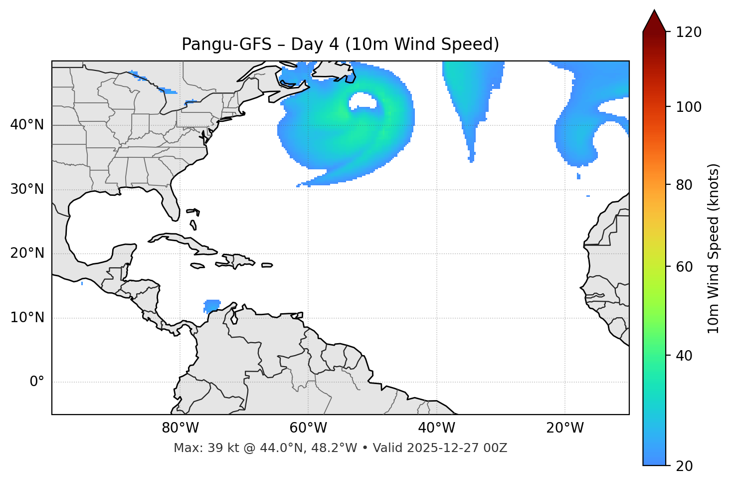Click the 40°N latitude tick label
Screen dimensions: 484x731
pyautogui.click(x=27, y=125)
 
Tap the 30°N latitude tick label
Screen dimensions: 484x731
pyautogui.click(x=27, y=189)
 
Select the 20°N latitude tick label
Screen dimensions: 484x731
pyautogui.click(x=27, y=253)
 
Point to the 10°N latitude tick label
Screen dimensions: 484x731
pyautogui.click(x=27, y=318)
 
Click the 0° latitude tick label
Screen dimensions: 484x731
pyautogui.click(x=37, y=382)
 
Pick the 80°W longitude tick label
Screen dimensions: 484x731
pyautogui.click(x=180, y=428)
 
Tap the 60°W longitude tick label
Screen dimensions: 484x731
pyautogui.click(x=308, y=428)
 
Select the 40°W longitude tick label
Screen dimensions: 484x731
pyautogui.click(x=436, y=428)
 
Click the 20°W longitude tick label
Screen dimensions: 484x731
pyautogui.click(x=565, y=428)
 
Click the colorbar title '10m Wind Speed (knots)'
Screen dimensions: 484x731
pyautogui.click(x=714, y=248)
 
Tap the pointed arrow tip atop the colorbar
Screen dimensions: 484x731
pyautogui.click(x=654, y=12)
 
